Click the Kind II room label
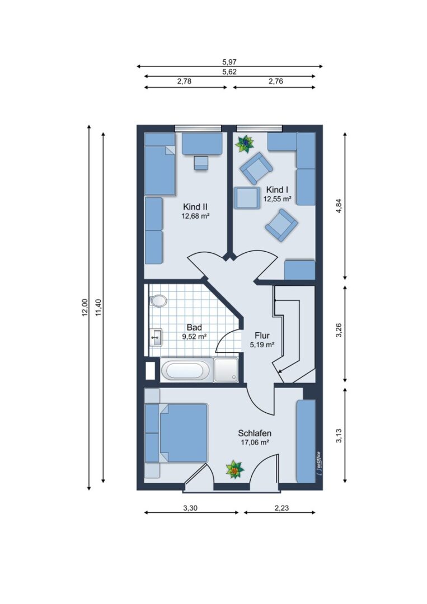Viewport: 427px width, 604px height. point(195,207)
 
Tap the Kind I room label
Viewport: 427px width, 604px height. point(277,190)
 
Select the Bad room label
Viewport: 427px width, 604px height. point(194,327)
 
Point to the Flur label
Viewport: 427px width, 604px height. point(262,336)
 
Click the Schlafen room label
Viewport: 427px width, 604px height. point(255,433)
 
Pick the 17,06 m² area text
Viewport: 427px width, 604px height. point(255,442)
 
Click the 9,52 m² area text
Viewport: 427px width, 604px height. point(194,336)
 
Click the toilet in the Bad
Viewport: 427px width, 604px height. point(158,300)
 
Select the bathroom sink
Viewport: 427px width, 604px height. point(156,338)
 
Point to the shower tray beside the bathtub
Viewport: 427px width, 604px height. point(226,370)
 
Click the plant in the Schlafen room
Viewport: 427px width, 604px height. point(234,470)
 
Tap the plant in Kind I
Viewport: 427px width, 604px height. point(245,144)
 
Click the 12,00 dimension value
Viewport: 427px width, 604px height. point(85,308)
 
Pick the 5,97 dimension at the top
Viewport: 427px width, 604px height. point(229,62)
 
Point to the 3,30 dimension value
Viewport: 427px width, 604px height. point(190,508)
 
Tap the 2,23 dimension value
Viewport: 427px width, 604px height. point(281,508)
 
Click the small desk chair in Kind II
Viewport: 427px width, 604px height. point(200,163)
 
